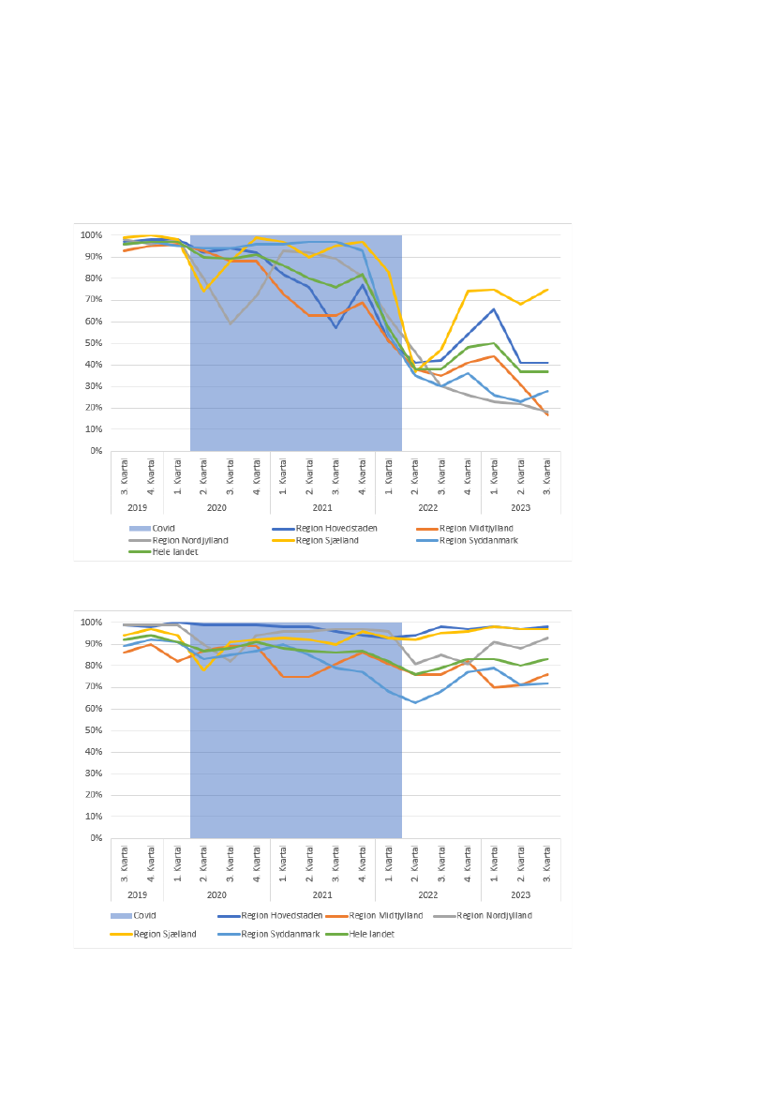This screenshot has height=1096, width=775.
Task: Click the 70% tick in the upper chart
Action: point(91,300)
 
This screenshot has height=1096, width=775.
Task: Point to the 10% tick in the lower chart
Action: point(91,817)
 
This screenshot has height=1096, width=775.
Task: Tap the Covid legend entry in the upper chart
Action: point(164,528)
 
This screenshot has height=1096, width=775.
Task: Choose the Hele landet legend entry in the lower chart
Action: point(372,934)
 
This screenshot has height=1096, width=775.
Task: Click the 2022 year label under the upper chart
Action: point(428,507)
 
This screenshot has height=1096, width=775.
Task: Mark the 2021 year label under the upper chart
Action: point(322,507)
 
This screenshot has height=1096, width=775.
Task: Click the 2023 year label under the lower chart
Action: point(521,894)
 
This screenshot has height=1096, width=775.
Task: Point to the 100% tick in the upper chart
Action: point(90,235)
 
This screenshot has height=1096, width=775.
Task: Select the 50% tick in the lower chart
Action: point(91,730)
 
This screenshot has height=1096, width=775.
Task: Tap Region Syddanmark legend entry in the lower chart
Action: point(281,934)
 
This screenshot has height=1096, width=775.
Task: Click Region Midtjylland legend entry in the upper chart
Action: point(476,528)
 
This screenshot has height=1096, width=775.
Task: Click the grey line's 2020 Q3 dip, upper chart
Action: point(231,323)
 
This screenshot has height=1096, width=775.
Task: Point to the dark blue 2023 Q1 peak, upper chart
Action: point(494,308)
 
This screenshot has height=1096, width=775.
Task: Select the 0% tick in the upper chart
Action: point(94,451)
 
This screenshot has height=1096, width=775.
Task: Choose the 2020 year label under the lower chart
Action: point(216,894)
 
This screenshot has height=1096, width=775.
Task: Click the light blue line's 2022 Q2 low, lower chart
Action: point(415,702)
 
